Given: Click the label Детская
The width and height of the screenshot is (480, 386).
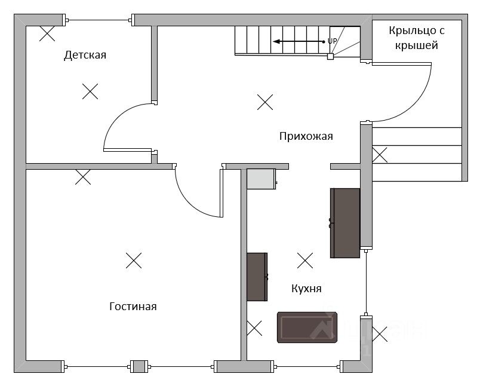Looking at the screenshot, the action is (x=85, y=56).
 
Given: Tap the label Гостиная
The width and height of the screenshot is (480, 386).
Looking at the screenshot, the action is (x=133, y=306).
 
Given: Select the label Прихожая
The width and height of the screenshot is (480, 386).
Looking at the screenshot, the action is (x=306, y=136).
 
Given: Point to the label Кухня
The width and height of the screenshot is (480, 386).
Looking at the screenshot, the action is (x=306, y=288).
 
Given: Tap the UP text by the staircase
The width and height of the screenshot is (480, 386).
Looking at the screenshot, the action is (x=333, y=41).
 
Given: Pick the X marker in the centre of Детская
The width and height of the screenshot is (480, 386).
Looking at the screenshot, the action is (x=90, y=91).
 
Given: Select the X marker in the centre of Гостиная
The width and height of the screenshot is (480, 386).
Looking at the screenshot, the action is (x=134, y=260).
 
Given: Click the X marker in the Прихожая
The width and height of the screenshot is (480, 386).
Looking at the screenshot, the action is (x=265, y=102).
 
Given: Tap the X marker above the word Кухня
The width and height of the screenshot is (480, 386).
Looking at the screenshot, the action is (x=305, y=260).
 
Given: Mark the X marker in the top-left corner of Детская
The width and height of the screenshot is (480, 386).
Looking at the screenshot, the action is (x=47, y=33).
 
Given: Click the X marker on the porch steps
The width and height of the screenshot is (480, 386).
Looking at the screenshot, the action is (x=380, y=155).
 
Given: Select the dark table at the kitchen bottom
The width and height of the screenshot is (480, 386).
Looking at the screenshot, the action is (x=308, y=327).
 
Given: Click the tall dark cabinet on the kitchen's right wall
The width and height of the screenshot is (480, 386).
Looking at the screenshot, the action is (x=345, y=222).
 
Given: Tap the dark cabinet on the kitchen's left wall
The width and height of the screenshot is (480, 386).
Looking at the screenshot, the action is (x=257, y=277).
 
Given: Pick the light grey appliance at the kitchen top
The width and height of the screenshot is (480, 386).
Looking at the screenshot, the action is (x=261, y=179).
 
